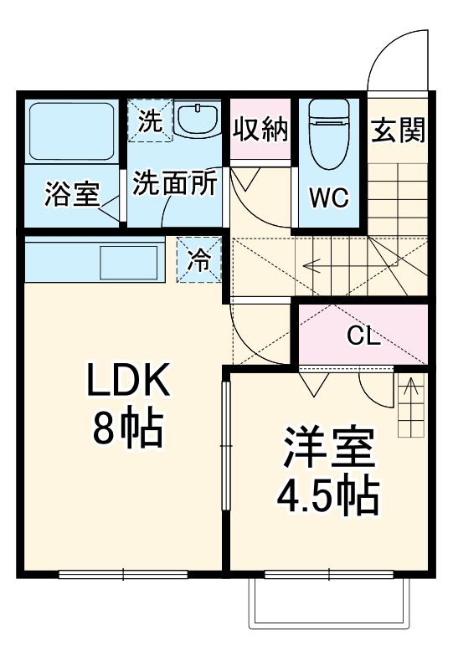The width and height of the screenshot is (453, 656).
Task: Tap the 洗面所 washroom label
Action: point(176,184)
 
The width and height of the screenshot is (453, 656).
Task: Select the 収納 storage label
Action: point(260,129)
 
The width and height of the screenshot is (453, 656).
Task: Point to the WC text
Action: point(329,198)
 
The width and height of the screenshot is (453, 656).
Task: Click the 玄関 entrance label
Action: point(399,129)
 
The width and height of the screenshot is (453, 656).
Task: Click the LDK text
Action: point(126,383)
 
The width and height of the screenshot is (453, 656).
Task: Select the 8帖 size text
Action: point(126,429)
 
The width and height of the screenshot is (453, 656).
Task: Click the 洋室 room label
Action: point(327,450)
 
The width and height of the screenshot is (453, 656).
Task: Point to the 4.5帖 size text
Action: point(327,497)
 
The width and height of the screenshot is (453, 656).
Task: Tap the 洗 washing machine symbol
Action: point(150,120)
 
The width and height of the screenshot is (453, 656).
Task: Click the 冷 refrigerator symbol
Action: point(199,260)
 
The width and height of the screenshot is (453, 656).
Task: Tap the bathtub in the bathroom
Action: point(71,131)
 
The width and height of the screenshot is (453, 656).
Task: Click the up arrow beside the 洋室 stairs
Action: point(410,390)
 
